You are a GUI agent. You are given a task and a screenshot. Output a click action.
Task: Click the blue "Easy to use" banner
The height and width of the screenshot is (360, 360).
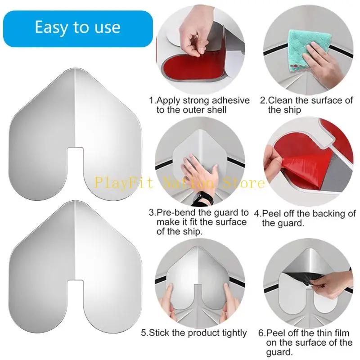[77, 27]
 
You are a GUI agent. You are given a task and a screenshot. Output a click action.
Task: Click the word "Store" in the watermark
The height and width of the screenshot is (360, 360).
[246, 183]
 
